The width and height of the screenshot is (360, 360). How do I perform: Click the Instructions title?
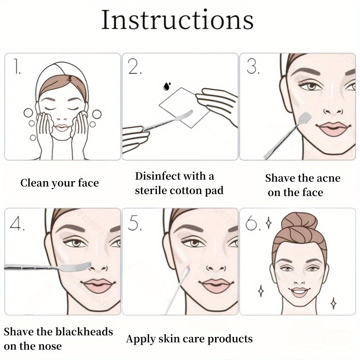tap(177, 20)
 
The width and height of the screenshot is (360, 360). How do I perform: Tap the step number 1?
tap(17, 67)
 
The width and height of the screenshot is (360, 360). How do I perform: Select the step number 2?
tap(135, 67)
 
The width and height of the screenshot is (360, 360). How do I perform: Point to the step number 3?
tap(253, 67)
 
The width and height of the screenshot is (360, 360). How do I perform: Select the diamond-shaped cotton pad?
tap(185, 108)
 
